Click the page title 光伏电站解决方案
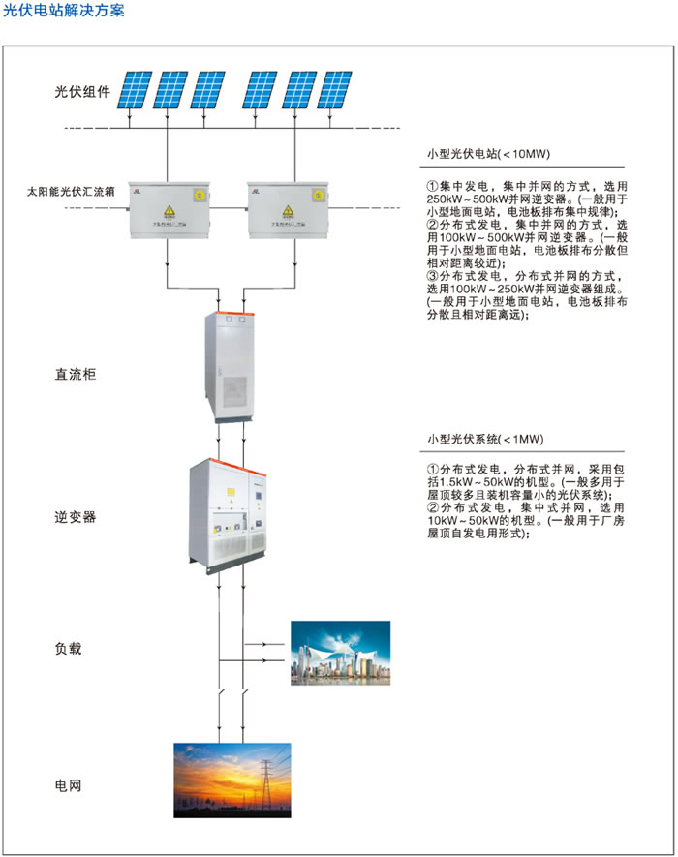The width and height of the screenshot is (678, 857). (x=64, y=11)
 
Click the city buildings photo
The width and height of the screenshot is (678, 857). (x=340, y=653)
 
